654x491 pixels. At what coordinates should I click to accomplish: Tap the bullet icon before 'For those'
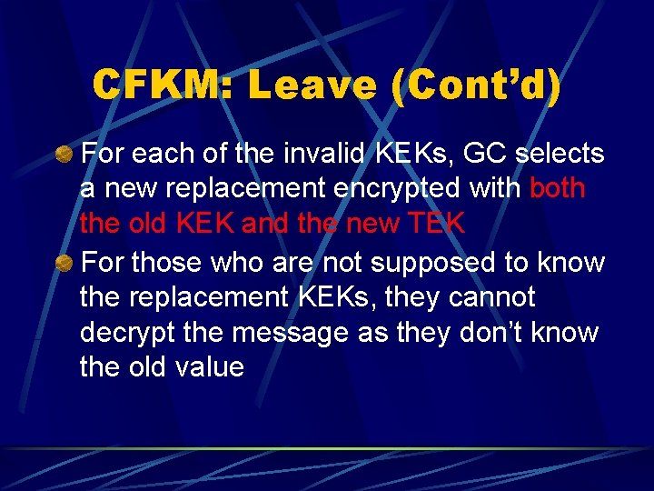click(64, 264)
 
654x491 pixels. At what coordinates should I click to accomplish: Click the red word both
click(558, 188)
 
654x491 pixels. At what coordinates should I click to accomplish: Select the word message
click(291, 334)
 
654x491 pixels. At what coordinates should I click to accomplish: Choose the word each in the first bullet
click(160, 154)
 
